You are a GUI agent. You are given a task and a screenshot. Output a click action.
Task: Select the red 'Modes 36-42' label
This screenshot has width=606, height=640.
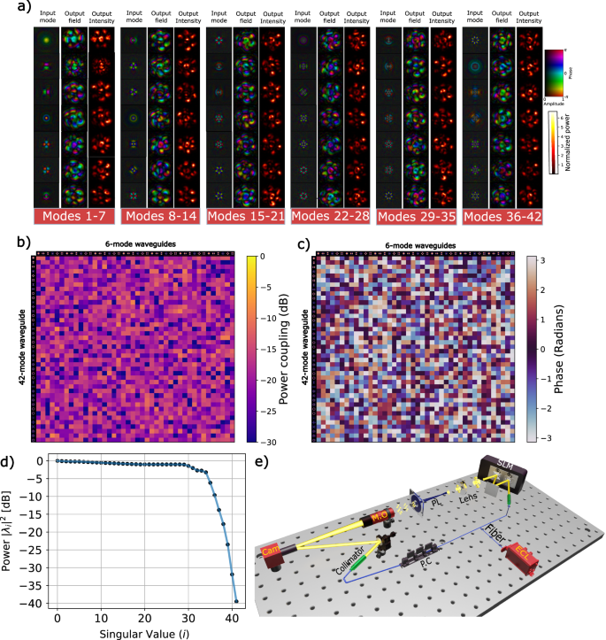(502, 218)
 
